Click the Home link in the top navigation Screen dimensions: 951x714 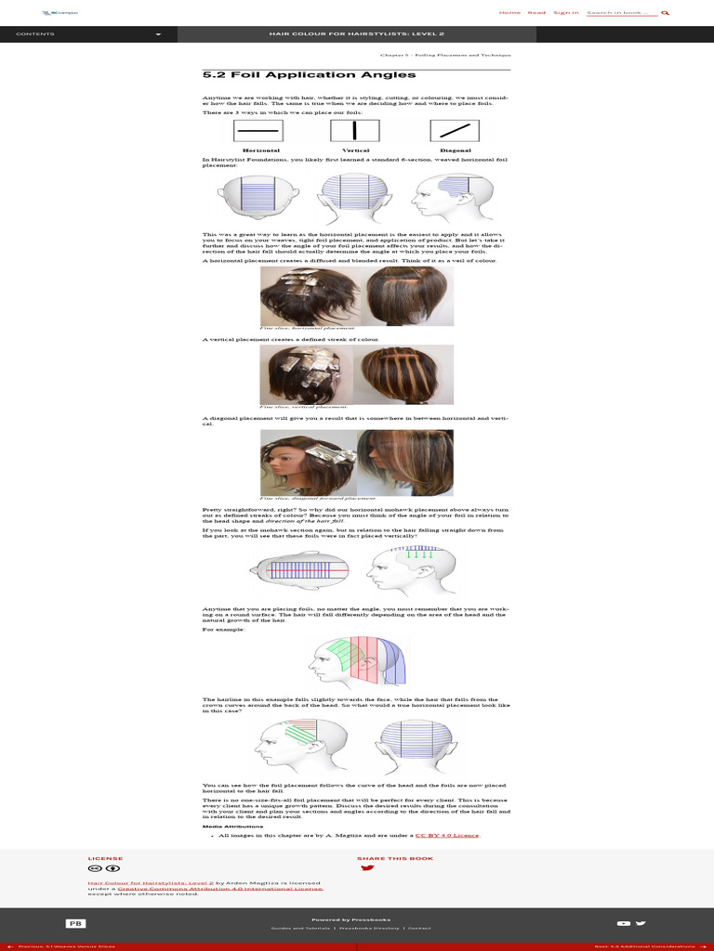pyautogui.click(x=509, y=13)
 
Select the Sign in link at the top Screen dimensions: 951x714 pyautogui.click(x=565, y=13)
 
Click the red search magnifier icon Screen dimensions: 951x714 pyautogui.click(x=666, y=13)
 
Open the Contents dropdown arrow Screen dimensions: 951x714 pyautogui.click(x=158, y=34)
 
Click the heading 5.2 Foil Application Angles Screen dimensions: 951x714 pyautogui.click(x=278, y=75)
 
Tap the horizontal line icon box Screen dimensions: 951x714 pyautogui.click(x=260, y=131)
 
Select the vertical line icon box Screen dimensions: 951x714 pyautogui.click(x=355, y=131)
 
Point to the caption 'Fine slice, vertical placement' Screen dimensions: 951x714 pyautogui.click(x=304, y=407)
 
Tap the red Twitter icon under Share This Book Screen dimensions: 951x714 pyautogui.click(x=367, y=868)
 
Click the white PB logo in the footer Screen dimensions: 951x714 pyautogui.click(x=74, y=923)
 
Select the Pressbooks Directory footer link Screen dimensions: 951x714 pyautogui.click(x=370, y=928)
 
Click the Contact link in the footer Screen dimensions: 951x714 pyautogui.click(x=418, y=928)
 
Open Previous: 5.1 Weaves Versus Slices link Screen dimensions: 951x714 pyautogui.click(x=60, y=946)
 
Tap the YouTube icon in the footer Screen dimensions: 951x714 pyautogui.click(x=623, y=923)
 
